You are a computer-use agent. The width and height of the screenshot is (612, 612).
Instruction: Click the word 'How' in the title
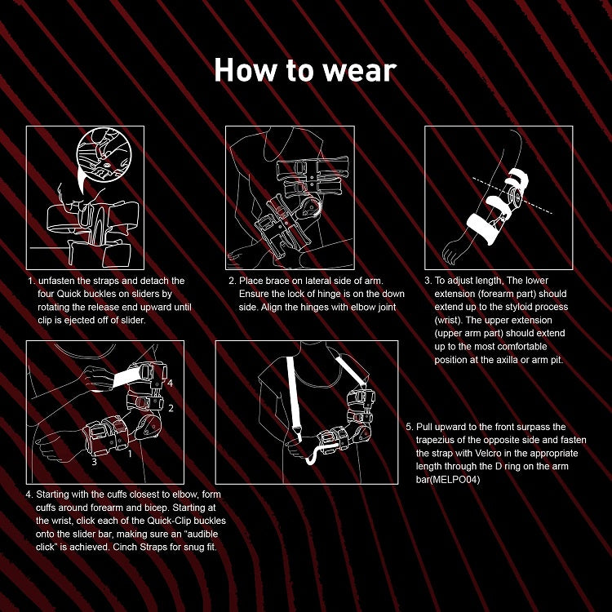pos(242,71)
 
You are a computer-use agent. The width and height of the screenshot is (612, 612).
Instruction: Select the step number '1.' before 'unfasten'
pos(30,281)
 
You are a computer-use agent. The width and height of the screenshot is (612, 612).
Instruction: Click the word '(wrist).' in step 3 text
pos(450,321)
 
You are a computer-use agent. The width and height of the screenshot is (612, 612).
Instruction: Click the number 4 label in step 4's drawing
pos(170,384)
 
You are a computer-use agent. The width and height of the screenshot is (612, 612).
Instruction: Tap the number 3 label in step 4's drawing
pos(94,462)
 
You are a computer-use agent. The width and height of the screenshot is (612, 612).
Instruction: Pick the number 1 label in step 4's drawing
pos(130,454)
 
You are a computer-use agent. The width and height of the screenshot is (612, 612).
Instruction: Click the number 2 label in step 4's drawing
pos(171,409)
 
